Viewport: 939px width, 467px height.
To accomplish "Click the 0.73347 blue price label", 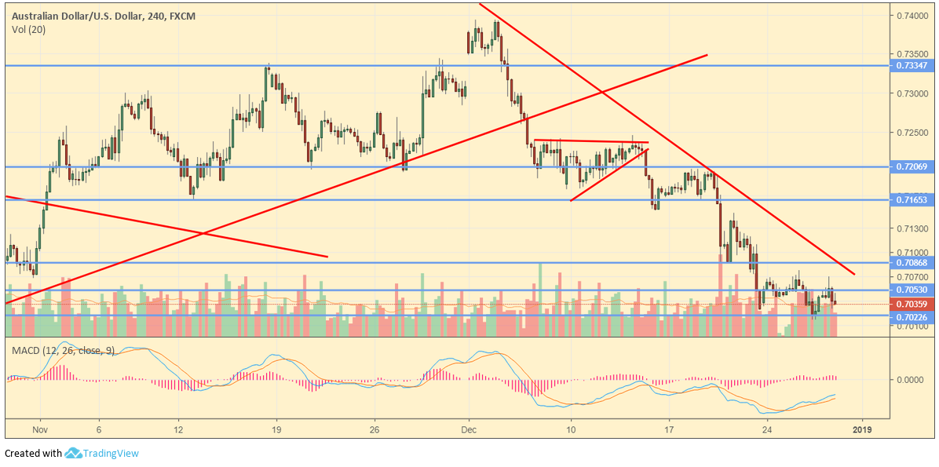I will point(912,66).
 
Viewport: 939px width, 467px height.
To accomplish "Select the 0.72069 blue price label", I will point(912,167).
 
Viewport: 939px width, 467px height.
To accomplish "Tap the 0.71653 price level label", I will point(912,200).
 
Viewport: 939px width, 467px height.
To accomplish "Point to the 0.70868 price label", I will point(912,263).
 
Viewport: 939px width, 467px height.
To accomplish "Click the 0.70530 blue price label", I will point(912,290).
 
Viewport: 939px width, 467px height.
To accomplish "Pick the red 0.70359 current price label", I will point(912,304).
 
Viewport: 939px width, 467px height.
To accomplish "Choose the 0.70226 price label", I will point(912,316).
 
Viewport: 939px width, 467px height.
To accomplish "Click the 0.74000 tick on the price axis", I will point(912,15).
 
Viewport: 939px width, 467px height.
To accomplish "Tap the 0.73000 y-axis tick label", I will point(912,94).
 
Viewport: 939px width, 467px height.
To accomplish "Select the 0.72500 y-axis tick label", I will point(912,133).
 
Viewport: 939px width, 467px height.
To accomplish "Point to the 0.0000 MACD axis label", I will point(911,380).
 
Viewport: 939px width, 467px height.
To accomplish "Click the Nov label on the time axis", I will point(41,430).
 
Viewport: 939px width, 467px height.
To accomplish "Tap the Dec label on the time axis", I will point(469,430).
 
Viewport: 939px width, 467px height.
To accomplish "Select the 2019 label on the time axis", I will point(862,430).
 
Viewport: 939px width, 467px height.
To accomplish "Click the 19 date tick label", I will point(276,430).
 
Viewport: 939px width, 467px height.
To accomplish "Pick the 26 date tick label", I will point(375,430).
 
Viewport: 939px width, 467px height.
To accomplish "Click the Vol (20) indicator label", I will point(27,30).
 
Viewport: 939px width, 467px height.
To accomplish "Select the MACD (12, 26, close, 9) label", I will point(62,349).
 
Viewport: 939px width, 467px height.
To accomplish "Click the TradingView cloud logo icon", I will point(74,453).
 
